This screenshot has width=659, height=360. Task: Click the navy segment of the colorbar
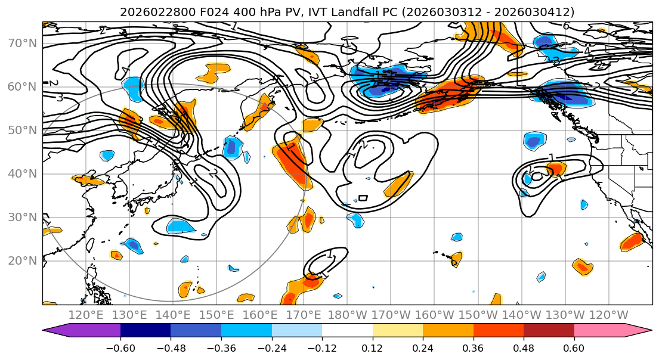(x=145, y=331)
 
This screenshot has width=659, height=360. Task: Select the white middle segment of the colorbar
(x=347, y=331)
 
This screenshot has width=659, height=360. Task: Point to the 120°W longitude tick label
(x=608, y=315)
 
